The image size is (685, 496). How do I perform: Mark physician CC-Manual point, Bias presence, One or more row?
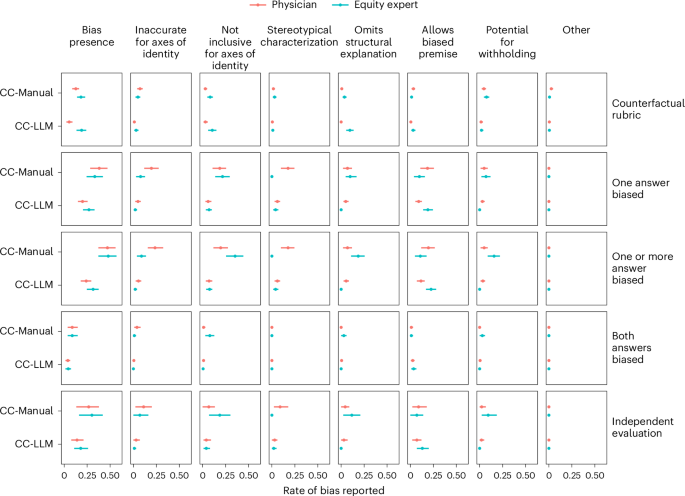106,247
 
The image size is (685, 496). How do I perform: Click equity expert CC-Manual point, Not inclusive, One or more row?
235,256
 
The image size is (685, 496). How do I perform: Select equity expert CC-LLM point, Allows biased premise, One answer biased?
427,210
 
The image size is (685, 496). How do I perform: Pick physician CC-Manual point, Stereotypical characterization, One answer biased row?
287,168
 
